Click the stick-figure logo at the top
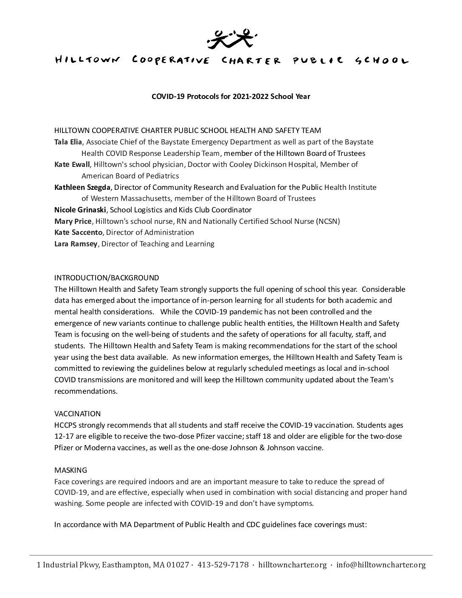[x=231, y=37]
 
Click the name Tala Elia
[x=68, y=142]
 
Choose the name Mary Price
[x=73, y=221]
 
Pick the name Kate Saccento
[x=79, y=232]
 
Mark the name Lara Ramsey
[x=76, y=244]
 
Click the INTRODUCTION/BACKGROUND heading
[x=107, y=278]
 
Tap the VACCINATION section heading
[x=77, y=414]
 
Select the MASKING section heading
[x=70, y=470]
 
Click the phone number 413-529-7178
[x=223, y=565]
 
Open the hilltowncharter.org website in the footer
[x=293, y=565]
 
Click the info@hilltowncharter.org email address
[x=381, y=565]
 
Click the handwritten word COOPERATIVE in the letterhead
[x=171, y=60]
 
